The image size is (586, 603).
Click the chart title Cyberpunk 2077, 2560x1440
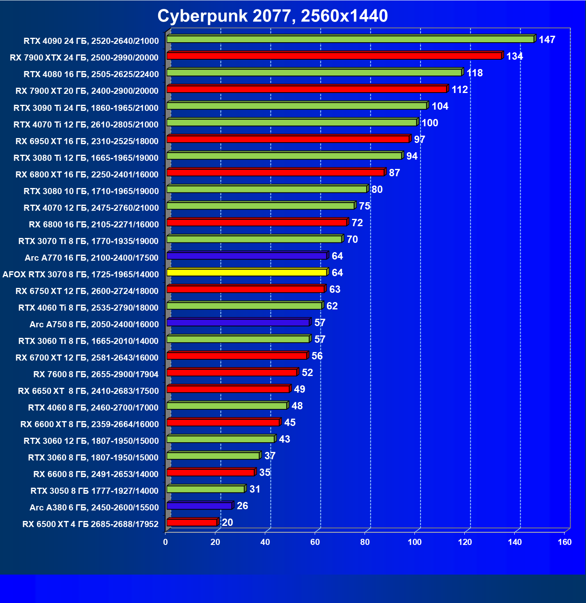[273, 16]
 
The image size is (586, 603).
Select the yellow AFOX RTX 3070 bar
[247, 272]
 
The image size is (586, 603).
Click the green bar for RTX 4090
[350, 39]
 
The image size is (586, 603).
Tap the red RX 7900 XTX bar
[334, 56]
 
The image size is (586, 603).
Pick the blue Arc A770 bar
[247, 256]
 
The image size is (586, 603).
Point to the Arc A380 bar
[199, 506]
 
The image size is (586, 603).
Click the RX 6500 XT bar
[192, 523]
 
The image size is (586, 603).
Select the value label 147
[547, 40]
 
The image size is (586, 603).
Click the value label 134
[515, 56]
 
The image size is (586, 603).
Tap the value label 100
[430, 123]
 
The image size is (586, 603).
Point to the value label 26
[243, 506]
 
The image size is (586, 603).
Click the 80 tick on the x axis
[365, 542]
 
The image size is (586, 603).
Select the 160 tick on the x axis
[565, 542]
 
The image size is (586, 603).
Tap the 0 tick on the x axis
[165, 542]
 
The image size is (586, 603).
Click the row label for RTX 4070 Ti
[86, 125]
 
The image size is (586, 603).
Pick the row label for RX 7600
[96, 374]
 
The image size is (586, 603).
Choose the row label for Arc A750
[94, 324]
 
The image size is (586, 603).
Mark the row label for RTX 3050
[94, 491]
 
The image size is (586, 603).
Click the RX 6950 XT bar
[288, 139]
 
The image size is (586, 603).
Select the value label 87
[394, 173]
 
